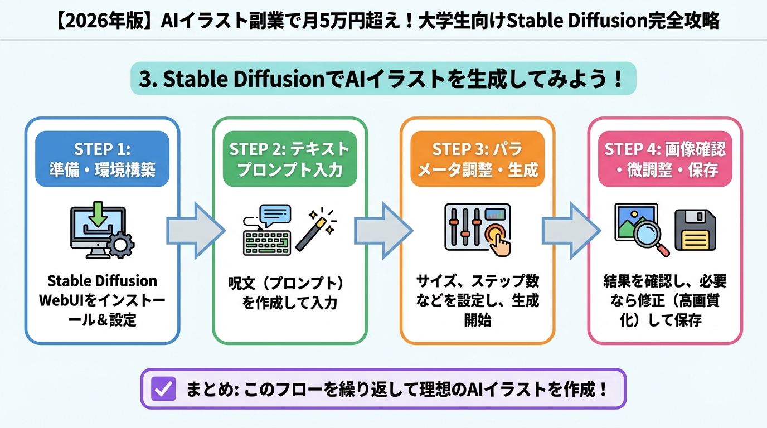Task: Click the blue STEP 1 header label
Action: pyautogui.click(x=102, y=159)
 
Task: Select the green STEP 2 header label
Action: pyautogui.click(x=290, y=159)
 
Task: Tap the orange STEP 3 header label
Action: pyautogui.click(x=478, y=159)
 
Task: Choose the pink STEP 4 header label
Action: pyautogui.click(x=665, y=159)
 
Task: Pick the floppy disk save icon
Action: pyautogui.click(x=695, y=230)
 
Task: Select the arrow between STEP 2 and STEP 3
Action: pyautogui.click(x=384, y=230)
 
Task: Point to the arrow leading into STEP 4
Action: pyautogui.click(x=572, y=230)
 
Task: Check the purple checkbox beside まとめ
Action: pyautogui.click(x=163, y=388)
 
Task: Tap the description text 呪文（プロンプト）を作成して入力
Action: pyautogui.click(x=290, y=293)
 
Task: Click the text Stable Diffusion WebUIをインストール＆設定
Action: pyautogui.click(x=102, y=300)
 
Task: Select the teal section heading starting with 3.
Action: pyautogui.click(x=383, y=79)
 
